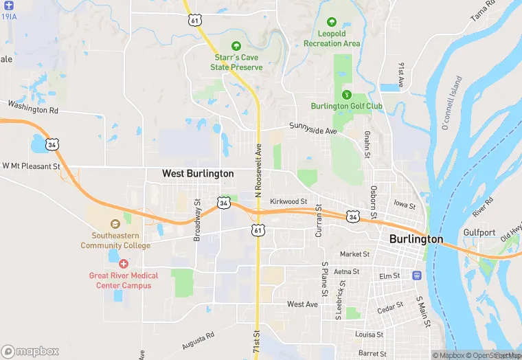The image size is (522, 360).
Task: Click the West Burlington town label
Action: [198, 174]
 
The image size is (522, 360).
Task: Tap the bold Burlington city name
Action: [416, 239]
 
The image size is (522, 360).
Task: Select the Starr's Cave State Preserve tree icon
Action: [237, 45]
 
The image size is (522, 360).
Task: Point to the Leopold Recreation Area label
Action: [332, 38]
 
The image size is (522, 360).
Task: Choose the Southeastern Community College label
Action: [115, 240]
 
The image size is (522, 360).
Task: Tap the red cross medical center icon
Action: [124, 263]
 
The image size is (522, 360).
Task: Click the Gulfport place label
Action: [479, 232]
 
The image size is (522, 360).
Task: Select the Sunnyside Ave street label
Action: [313, 130]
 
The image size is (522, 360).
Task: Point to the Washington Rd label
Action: [32, 107]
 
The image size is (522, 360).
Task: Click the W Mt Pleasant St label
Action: [32, 166]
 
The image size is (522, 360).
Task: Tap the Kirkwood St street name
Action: [288, 202]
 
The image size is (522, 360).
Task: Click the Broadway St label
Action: [197, 218]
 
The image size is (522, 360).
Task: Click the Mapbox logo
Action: [30, 350]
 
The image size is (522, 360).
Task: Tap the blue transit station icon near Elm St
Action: [416, 275]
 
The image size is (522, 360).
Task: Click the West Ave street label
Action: [302, 304]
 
